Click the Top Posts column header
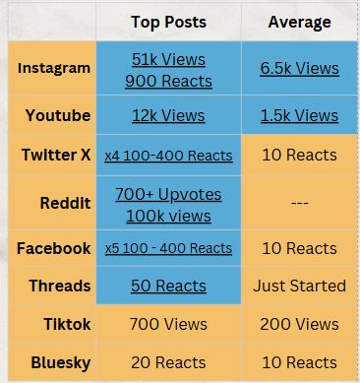pos(168,21)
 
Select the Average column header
pos(300,21)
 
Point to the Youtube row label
pos(55,116)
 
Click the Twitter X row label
pos(55,156)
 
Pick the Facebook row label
pos(54,248)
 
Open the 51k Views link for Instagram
pos(168,59)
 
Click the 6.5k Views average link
pos(300,68)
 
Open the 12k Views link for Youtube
pos(168,116)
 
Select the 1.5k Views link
pos(300,116)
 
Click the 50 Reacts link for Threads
pos(168,286)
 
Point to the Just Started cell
pos(300,286)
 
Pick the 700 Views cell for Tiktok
pos(168,323)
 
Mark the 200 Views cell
pos(300,323)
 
